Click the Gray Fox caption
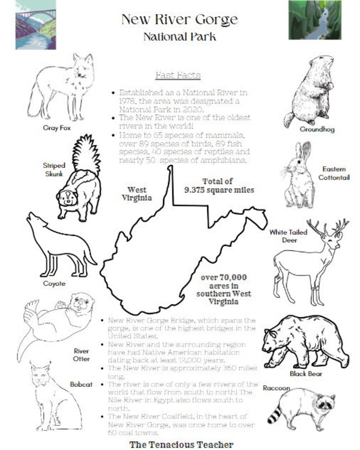[57, 128]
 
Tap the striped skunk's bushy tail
[86, 154]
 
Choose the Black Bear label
[306, 374]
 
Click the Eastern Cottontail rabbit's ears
[303, 152]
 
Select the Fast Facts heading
[178, 75]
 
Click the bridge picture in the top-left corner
[35, 24]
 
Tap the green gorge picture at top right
[315, 20]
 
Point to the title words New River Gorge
[179, 19]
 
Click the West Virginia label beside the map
[136, 194]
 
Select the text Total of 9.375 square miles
[219, 186]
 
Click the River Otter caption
[82, 355]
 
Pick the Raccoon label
[276, 388]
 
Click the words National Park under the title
[180, 37]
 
